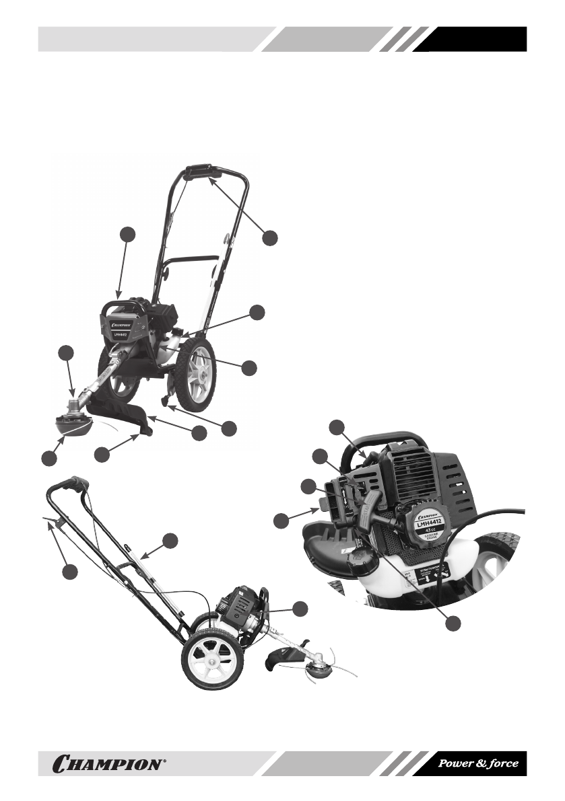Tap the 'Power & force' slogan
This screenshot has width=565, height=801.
tap(478, 763)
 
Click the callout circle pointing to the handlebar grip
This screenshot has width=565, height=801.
tap(270, 237)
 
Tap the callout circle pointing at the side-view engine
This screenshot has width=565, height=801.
tap(300, 608)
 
